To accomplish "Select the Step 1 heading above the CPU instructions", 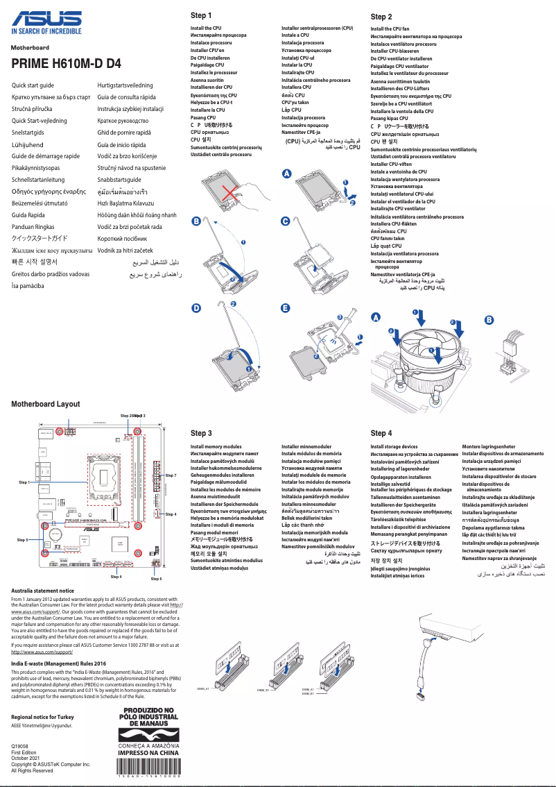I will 200,15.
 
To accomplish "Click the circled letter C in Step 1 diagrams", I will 285,221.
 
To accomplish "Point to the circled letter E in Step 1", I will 285,307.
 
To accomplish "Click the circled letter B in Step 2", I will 489,319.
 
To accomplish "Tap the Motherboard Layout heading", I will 45,404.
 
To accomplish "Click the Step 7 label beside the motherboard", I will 171,475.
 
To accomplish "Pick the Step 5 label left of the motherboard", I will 22,539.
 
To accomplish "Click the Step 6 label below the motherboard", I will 156,578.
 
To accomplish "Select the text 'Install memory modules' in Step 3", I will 216,447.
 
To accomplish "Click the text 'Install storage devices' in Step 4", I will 394,447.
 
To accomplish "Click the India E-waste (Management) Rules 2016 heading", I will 58,665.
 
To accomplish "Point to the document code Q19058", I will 20,746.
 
